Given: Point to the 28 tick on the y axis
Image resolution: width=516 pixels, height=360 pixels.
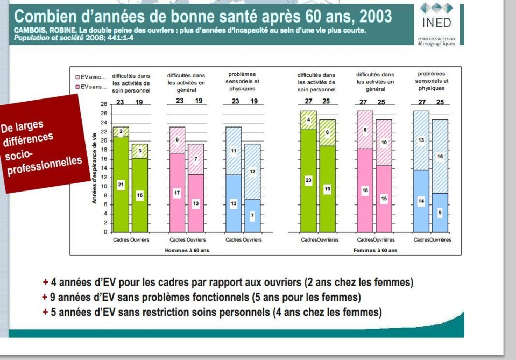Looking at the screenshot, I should (x=103, y=104).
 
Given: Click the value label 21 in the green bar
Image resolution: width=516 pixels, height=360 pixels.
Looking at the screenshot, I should (x=121, y=185).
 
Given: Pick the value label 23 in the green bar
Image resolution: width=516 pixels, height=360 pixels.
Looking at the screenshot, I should (x=308, y=180).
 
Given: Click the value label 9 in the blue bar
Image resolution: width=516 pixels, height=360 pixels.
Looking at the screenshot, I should (x=440, y=213).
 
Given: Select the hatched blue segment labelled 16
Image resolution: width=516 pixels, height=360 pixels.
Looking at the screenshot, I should (x=440, y=156).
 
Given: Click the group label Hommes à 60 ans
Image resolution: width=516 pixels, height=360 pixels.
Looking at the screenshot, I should (x=186, y=250).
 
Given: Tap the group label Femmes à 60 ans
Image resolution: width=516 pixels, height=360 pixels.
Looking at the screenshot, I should (x=374, y=250).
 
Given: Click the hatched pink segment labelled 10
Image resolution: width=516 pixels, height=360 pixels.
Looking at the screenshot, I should (x=384, y=143).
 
